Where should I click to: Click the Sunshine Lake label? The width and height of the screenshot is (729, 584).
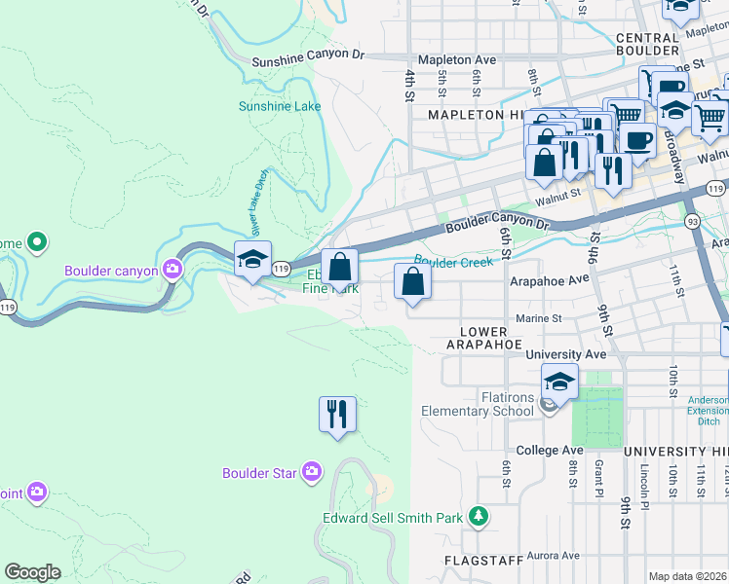(x=280, y=106)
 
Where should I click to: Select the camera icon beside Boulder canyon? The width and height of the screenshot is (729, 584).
(x=173, y=269)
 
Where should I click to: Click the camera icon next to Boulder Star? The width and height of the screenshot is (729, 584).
(x=311, y=473)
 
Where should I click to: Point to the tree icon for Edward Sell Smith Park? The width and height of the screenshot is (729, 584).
(x=478, y=515)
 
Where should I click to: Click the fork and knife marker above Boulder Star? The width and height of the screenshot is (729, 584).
(x=337, y=414)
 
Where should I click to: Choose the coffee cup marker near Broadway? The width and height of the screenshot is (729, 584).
(x=638, y=139)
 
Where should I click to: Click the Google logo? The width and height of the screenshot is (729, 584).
(x=32, y=572)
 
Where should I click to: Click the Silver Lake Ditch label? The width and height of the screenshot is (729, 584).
(x=260, y=203)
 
